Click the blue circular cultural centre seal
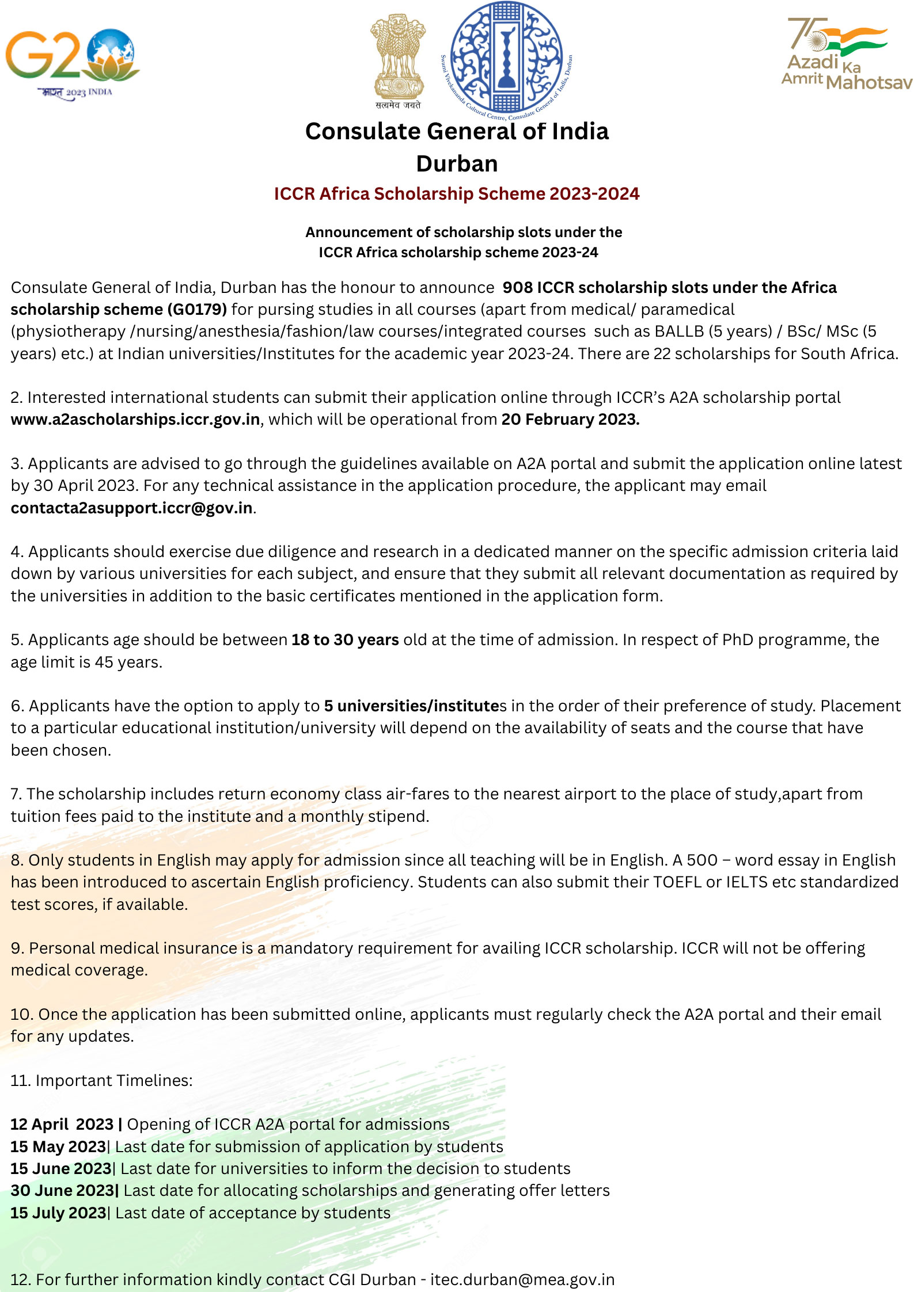point(506,58)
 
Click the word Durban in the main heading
point(457,164)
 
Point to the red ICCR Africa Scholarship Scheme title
point(457,194)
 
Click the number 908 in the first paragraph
point(517,288)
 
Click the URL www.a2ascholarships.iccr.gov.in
point(135,420)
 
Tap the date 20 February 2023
point(570,420)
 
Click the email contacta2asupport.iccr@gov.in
point(132,508)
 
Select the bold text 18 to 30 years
point(345,640)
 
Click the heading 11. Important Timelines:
point(101,1080)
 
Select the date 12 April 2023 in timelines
point(62,1125)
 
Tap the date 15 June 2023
point(61,1169)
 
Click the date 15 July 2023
point(59,1213)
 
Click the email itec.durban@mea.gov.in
point(522,1279)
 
